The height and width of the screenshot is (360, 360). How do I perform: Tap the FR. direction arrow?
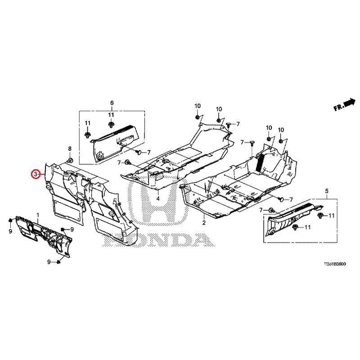[x=344, y=105]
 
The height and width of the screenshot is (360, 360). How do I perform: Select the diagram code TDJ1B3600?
[x=335, y=264]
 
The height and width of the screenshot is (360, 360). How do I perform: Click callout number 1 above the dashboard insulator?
[x=38, y=215]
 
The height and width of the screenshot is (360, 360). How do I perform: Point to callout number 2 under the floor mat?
[x=204, y=222]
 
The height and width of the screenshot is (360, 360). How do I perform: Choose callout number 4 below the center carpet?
[x=158, y=198]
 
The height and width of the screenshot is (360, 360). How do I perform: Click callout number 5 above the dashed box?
[x=327, y=191]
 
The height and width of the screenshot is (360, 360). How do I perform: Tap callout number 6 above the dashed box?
[x=112, y=103]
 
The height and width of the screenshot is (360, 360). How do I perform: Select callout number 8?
[x=70, y=148]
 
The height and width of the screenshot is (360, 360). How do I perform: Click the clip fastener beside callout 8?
[x=70, y=160]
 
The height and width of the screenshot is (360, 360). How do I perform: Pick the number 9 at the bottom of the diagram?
[x=49, y=261]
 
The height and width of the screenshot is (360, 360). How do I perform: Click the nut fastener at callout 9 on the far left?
[x=10, y=220]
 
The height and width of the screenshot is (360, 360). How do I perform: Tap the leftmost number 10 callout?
[x=198, y=106]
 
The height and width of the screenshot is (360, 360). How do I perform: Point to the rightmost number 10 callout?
[x=281, y=130]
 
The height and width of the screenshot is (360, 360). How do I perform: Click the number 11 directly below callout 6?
[x=111, y=115]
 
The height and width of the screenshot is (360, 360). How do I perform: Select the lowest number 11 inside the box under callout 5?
[x=307, y=227]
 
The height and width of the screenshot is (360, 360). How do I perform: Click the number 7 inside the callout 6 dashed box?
[x=149, y=152]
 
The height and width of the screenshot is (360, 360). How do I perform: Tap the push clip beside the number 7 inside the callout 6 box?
[x=139, y=152]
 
